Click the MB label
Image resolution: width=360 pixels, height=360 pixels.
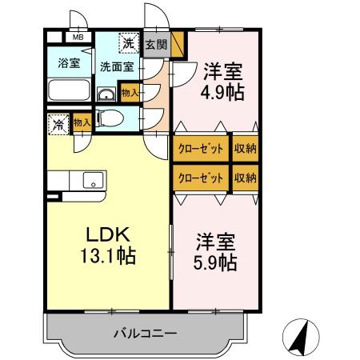(x=78, y=37)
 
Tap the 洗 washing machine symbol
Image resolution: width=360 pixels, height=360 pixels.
(x=128, y=42)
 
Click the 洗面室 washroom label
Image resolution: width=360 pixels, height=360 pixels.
(x=116, y=67)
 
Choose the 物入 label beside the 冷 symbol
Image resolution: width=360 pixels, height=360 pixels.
(x=81, y=122)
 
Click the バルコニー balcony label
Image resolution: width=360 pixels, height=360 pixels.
(x=144, y=332)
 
